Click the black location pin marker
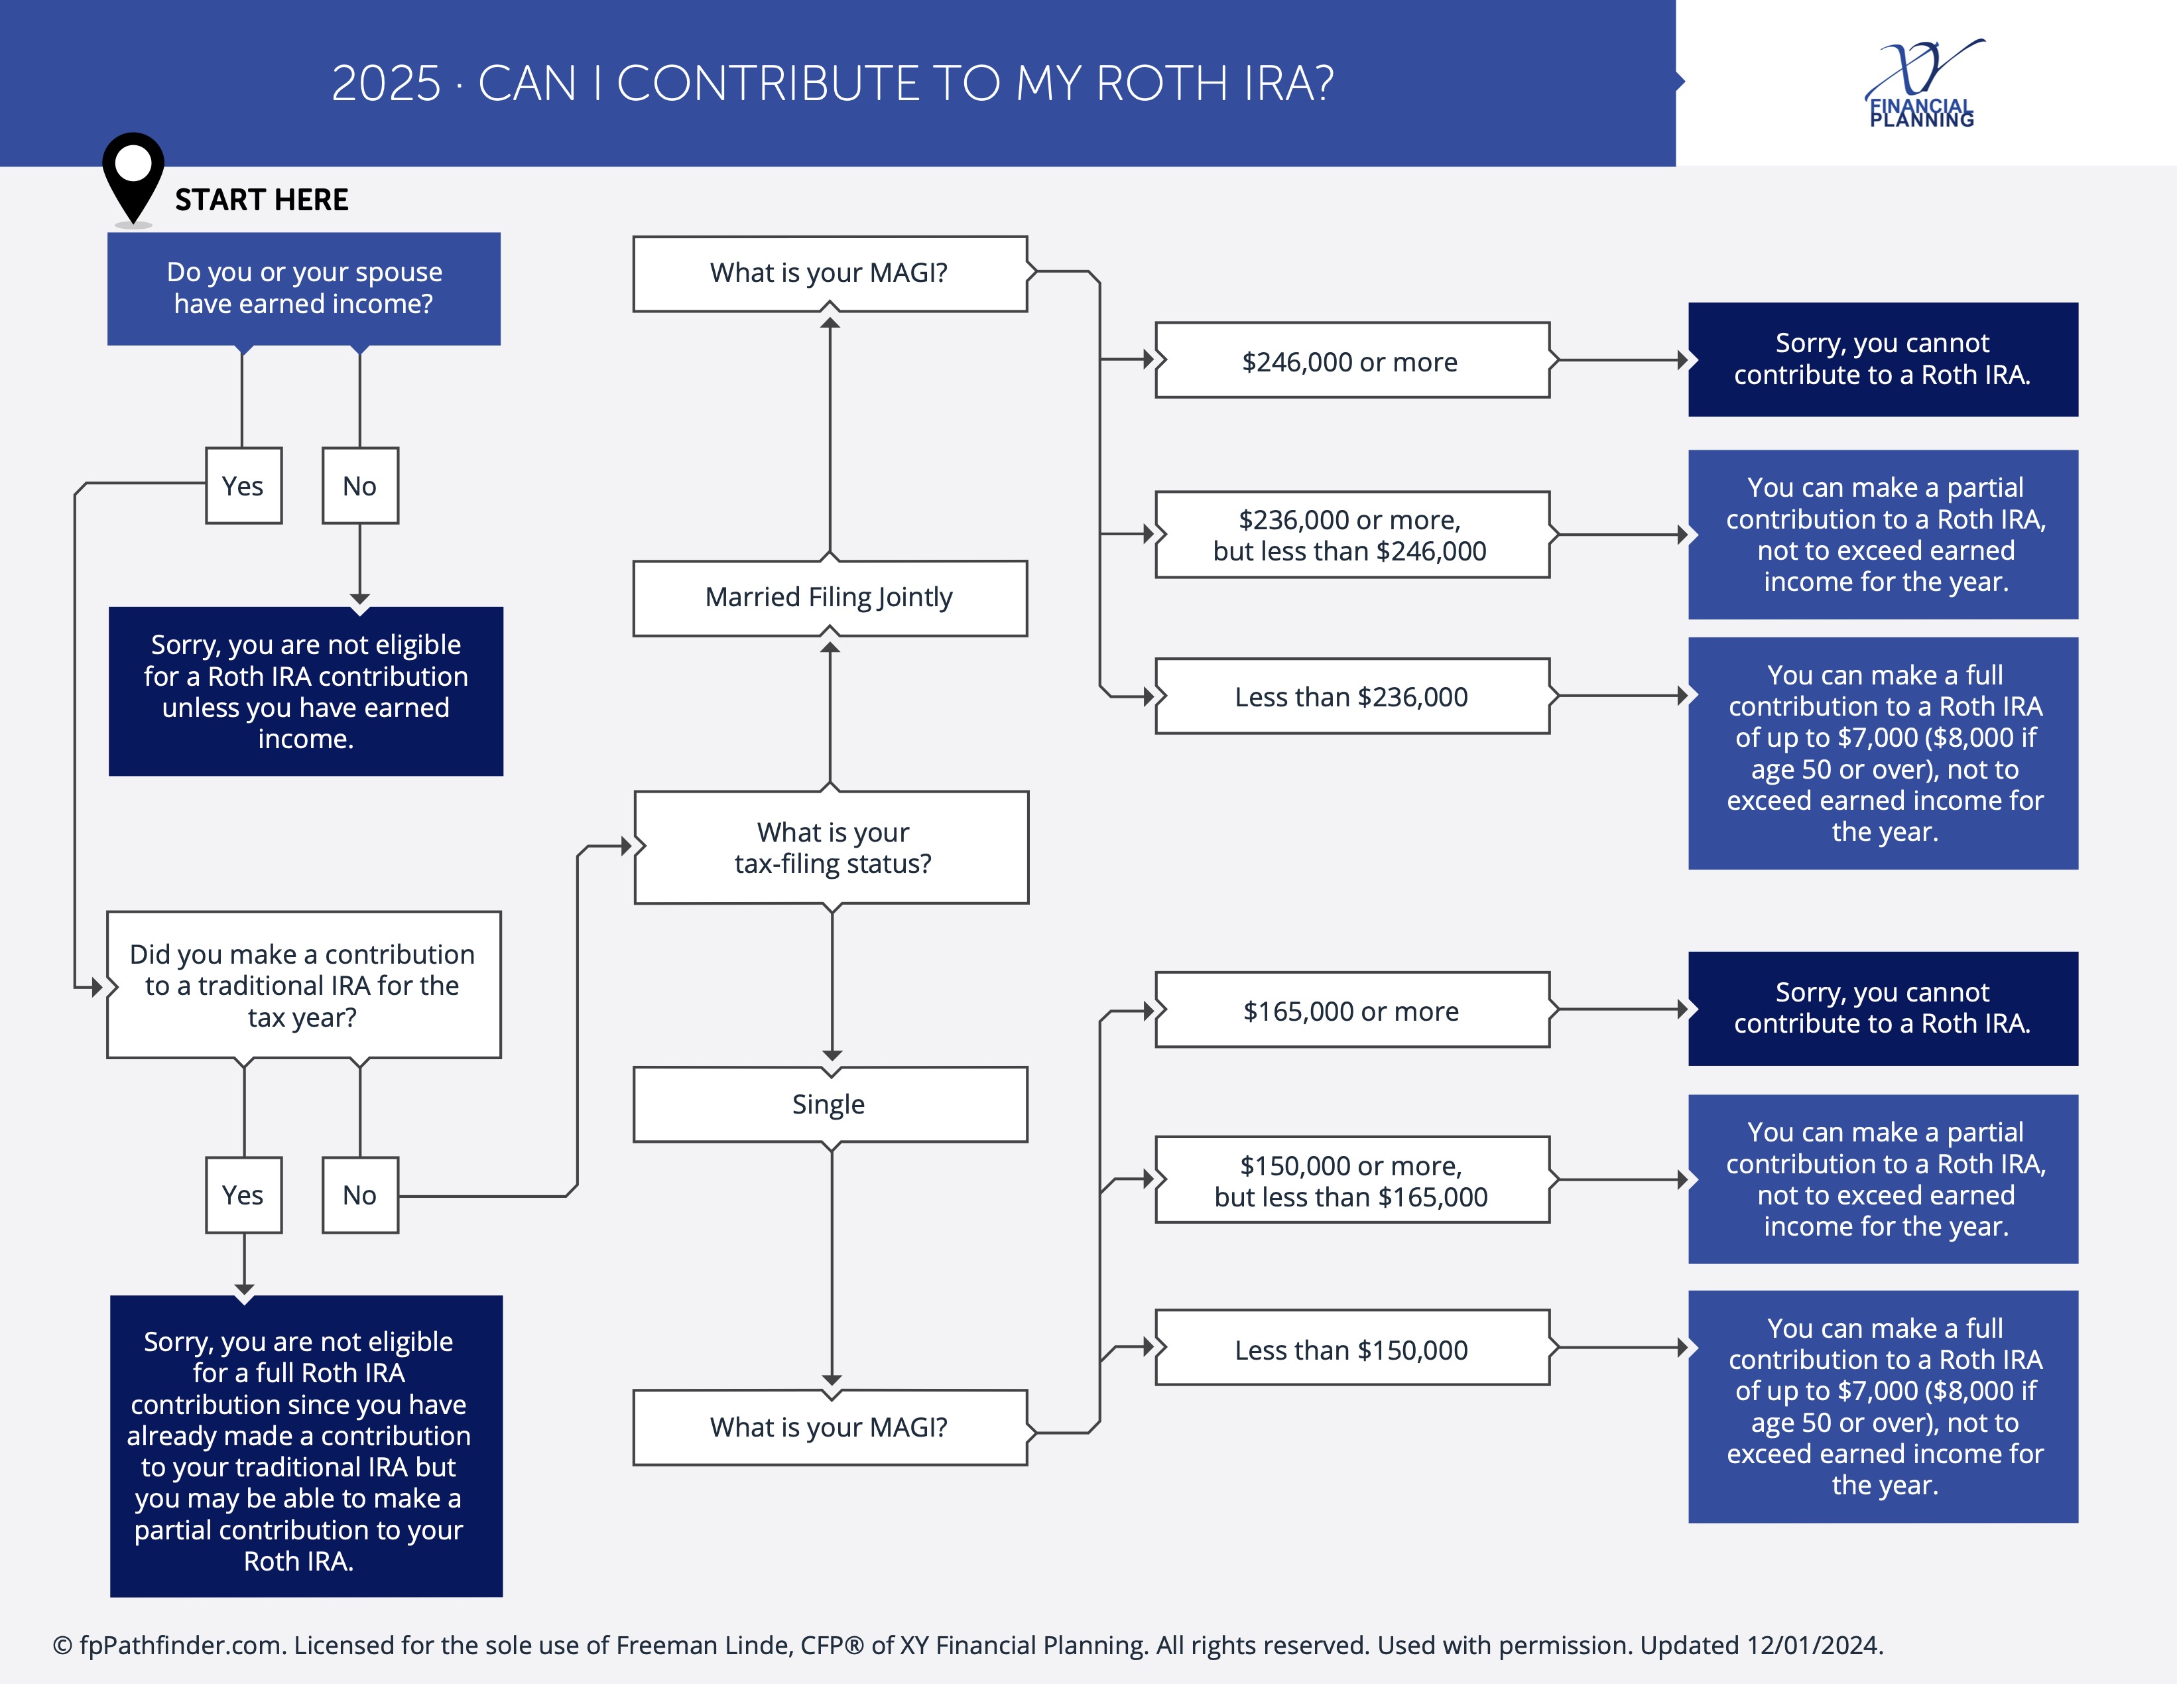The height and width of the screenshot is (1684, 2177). [x=133, y=172]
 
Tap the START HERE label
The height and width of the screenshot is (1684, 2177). [x=261, y=200]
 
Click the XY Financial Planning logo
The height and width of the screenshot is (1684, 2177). [x=1922, y=86]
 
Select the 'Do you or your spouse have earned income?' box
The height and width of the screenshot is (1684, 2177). [x=304, y=288]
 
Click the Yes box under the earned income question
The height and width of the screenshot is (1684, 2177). [x=243, y=486]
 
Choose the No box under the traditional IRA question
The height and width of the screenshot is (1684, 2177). [x=360, y=1195]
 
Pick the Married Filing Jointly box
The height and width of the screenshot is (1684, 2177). [x=830, y=597]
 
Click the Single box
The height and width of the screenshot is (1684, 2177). [x=830, y=1104]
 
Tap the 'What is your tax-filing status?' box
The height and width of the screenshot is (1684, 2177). [x=832, y=848]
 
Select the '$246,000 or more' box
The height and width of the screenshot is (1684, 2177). [x=1351, y=361]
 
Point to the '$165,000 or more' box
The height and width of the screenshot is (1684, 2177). [x=1351, y=1010]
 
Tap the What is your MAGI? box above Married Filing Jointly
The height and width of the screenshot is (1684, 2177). [x=830, y=273]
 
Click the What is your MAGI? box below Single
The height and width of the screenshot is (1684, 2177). [x=830, y=1427]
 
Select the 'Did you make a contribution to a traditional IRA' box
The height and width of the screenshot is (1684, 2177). [x=304, y=985]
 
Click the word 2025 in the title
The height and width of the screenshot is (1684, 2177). [x=386, y=84]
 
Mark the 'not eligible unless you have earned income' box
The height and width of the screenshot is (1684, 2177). [x=306, y=691]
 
